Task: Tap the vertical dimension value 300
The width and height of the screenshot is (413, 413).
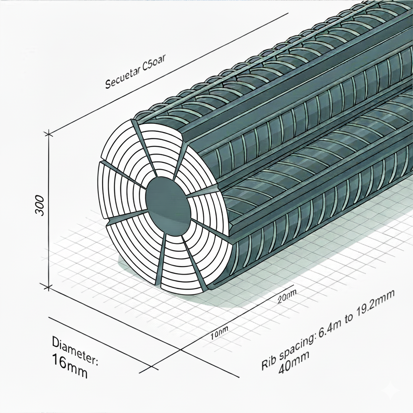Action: point(40,205)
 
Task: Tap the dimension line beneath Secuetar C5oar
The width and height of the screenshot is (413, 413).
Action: point(169,73)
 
